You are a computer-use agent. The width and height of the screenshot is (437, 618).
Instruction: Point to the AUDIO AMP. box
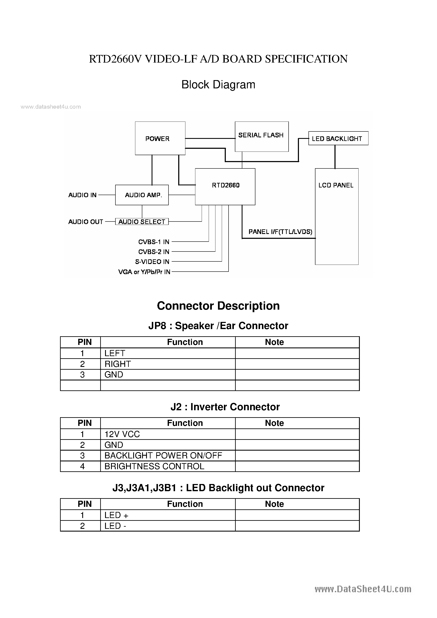point(142,195)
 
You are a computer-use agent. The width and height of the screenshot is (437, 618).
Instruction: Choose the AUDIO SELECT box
point(142,221)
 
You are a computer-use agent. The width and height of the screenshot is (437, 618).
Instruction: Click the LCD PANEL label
point(336,185)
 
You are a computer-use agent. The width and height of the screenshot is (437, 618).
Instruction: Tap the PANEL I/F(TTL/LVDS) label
point(280,232)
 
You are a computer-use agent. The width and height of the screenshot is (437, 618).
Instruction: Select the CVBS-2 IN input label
point(153,252)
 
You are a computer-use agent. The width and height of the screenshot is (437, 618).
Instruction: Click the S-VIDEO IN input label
point(152,262)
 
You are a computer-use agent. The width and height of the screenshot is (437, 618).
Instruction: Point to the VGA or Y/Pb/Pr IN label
point(144,272)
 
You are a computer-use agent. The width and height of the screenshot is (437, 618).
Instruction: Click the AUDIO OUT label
point(86,222)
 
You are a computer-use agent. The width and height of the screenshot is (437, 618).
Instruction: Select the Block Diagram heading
point(218,85)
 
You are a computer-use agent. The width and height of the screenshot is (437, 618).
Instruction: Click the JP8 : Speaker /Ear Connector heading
point(218,326)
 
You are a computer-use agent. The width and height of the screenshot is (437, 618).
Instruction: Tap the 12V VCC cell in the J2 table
point(122,434)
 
